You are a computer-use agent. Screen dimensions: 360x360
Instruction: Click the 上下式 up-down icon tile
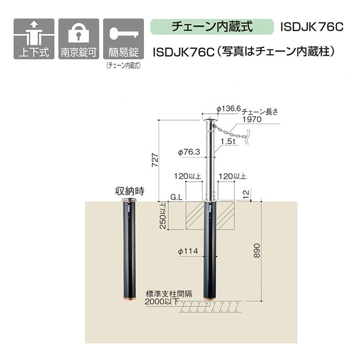[34, 39]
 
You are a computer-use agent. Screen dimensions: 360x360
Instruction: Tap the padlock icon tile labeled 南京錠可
[79, 39]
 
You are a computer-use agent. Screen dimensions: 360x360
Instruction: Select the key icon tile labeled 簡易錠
[123, 39]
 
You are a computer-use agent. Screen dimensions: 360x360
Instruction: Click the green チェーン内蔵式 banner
[212, 27]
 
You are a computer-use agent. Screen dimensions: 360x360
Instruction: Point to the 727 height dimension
[155, 160]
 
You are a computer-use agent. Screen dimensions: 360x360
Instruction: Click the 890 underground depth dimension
[257, 251]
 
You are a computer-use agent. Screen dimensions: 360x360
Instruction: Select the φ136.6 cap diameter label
[229, 108]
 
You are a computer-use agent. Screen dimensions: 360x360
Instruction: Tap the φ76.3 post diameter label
[189, 152]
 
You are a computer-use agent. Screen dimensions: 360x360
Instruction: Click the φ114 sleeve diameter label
[188, 251]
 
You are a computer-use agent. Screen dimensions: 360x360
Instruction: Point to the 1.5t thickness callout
[228, 141]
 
